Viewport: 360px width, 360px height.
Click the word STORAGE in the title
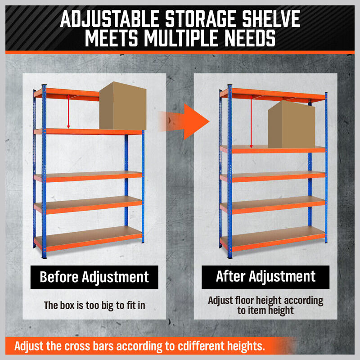(x=200, y=19)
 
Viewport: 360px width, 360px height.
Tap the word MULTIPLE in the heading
(x=181, y=38)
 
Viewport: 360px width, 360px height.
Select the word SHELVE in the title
(x=271, y=19)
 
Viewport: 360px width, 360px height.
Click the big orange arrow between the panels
(x=184, y=121)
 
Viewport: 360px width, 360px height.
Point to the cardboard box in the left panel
(x=122, y=106)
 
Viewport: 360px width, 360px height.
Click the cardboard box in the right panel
(x=291, y=125)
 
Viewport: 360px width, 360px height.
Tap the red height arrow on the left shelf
(x=68, y=112)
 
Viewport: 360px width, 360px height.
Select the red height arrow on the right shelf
(x=251, y=121)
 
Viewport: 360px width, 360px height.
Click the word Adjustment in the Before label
(x=116, y=277)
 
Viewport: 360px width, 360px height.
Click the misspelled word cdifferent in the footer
(x=201, y=346)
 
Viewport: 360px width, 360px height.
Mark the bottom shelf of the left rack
(x=88, y=239)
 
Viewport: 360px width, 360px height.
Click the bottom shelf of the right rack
(x=273, y=239)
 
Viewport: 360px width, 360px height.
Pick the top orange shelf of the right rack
(x=273, y=94)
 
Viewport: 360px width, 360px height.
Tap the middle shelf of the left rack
(x=88, y=177)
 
